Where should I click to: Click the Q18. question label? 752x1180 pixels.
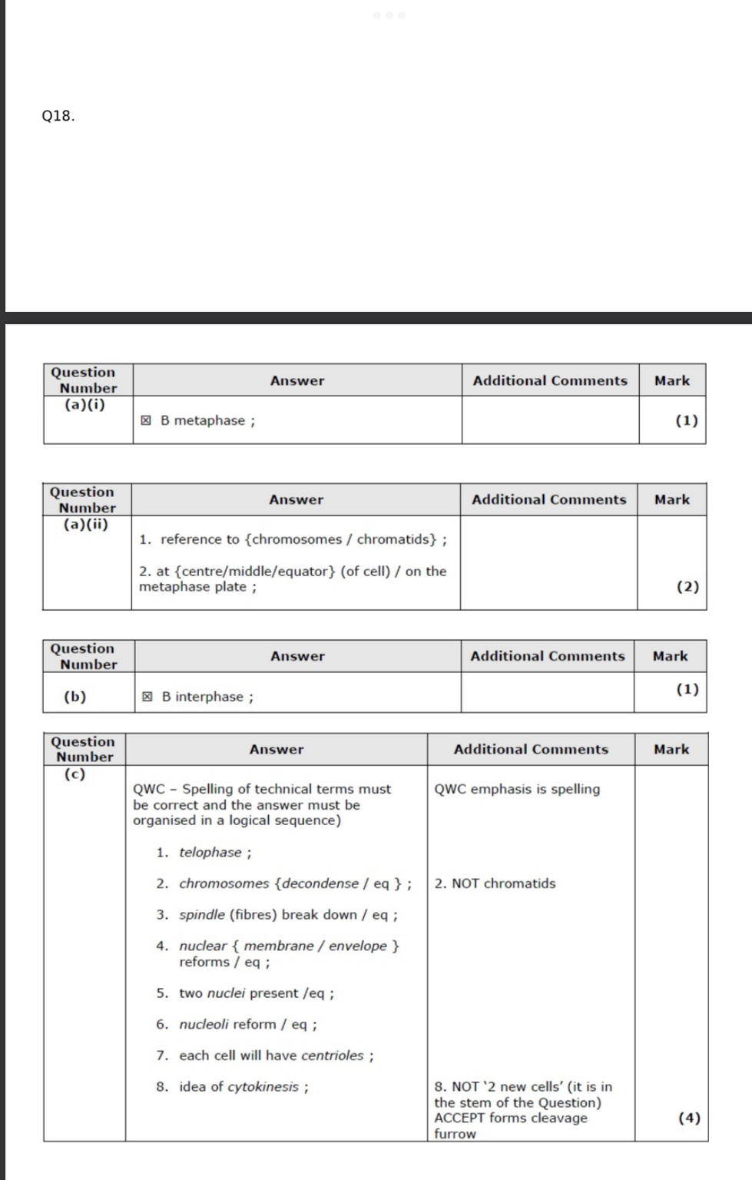click(x=58, y=116)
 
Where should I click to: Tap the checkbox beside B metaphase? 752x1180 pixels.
click(x=146, y=420)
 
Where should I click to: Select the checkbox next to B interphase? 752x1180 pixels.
click(x=147, y=697)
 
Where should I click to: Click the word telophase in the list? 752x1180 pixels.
click(x=210, y=852)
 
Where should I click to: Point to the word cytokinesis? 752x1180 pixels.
click(x=263, y=1086)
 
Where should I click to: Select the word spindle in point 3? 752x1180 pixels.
click(x=202, y=914)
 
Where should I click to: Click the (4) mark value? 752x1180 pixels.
click(x=689, y=1118)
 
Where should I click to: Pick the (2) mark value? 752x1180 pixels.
click(x=687, y=586)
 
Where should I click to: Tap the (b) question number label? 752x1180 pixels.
click(x=75, y=697)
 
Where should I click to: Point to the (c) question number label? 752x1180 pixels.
click(x=75, y=774)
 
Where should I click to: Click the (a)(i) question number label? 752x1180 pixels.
click(x=84, y=404)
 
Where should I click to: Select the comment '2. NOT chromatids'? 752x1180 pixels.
click(x=495, y=883)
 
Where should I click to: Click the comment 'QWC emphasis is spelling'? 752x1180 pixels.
click(x=517, y=789)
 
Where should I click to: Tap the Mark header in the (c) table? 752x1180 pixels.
click(x=671, y=749)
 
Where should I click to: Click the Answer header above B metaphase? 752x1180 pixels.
click(x=297, y=380)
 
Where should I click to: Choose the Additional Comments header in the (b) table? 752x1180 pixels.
click(x=548, y=656)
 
